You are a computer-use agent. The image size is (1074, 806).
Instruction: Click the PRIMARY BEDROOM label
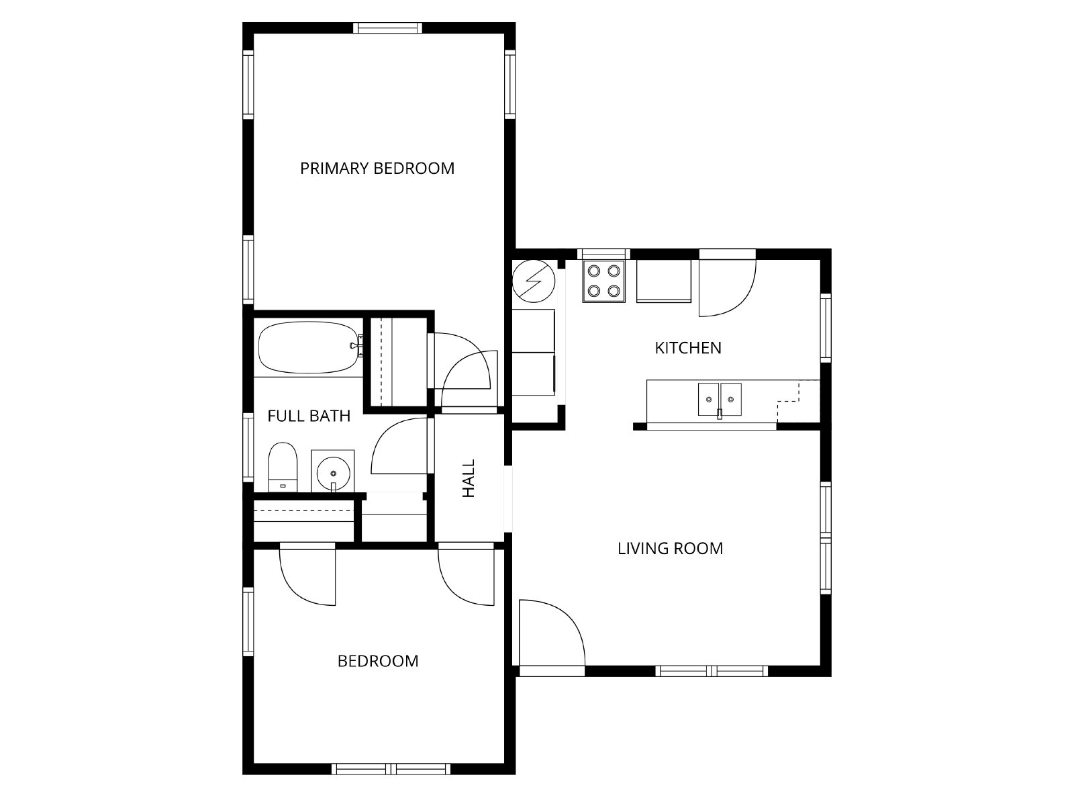click(x=377, y=169)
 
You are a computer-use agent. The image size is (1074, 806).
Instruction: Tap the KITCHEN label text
click(x=688, y=348)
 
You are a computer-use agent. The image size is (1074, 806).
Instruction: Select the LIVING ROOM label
click(x=671, y=549)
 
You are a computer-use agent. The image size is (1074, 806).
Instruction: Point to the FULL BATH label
click(x=309, y=416)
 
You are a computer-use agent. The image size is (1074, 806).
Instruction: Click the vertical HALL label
click(x=469, y=478)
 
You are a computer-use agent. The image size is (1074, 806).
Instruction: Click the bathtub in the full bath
click(x=308, y=347)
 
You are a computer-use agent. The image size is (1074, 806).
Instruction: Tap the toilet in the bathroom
click(x=283, y=467)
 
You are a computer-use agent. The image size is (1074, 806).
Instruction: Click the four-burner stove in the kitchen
click(x=603, y=281)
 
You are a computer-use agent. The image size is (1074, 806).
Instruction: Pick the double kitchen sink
click(x=720, y=400)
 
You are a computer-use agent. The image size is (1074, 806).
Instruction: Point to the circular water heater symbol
click(x=534, y=281)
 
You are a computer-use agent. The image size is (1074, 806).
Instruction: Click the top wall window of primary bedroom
click(x=387, y=28)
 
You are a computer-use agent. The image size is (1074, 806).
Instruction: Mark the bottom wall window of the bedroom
click(x=391, y=769)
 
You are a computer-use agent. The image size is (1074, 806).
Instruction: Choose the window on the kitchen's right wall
click(x=826, y=328)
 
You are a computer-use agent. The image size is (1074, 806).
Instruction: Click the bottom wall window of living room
click(x=712, y=671)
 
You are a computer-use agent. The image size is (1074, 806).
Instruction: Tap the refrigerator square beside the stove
click(x=663, y=281)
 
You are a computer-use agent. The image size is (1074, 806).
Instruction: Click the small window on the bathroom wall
click(x=248, y=448)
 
